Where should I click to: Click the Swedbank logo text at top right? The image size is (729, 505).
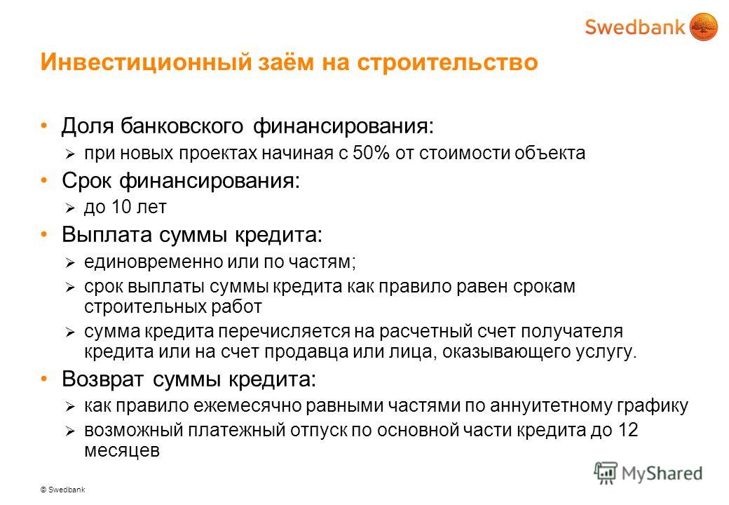(x=634, y=27)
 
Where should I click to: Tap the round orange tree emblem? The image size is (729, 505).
(x=704, y=27)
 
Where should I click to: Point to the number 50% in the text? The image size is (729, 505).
(x=371, y=153)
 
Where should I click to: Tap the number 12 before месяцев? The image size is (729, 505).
(x=627, y=430)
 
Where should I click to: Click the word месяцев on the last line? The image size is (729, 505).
(x=122, y=450)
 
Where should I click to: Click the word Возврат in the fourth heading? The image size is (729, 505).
(x=102, y=379)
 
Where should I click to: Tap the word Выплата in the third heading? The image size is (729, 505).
(x=107, y=234)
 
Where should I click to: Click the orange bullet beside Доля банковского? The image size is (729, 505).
(x=44, y=126)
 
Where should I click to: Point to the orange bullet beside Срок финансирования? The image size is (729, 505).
(x=44, y=180)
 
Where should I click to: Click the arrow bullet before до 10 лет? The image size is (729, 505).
(x=69, y=208)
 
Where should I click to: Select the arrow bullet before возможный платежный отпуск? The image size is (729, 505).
(x=69, y=431)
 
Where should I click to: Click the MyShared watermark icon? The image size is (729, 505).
(x=606, y=473)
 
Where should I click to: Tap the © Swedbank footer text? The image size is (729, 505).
(x=63, y=490)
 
